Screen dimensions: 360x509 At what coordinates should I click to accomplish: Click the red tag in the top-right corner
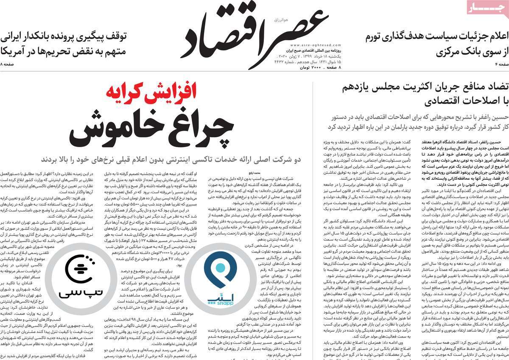pyautogui.click(x=487, y=8)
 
